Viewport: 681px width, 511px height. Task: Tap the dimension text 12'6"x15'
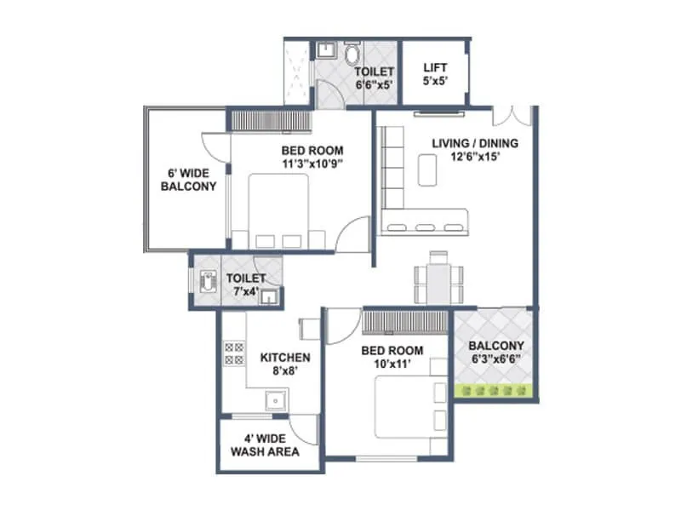click(473, 157)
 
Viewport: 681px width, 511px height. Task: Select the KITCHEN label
click(284, 358)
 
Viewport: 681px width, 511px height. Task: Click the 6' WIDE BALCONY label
click(187, 180)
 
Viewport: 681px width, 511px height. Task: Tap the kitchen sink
click(273, 399)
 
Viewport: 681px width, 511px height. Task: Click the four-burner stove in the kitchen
click(229, 353)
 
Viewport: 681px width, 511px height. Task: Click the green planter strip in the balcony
click(495, 390)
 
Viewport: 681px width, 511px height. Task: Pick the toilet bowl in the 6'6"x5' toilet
click(352, 55)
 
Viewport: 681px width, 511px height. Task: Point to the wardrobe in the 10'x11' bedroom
click(403, 323)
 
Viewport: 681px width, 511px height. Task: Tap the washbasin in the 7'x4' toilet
click(268, 296)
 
